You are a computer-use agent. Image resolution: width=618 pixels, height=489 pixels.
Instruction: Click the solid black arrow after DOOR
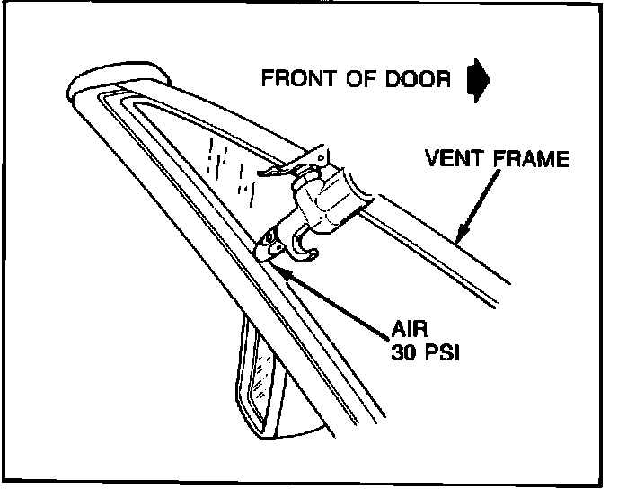pos(478,78)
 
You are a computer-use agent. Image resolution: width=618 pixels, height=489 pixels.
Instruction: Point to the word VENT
pos(455,162)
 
